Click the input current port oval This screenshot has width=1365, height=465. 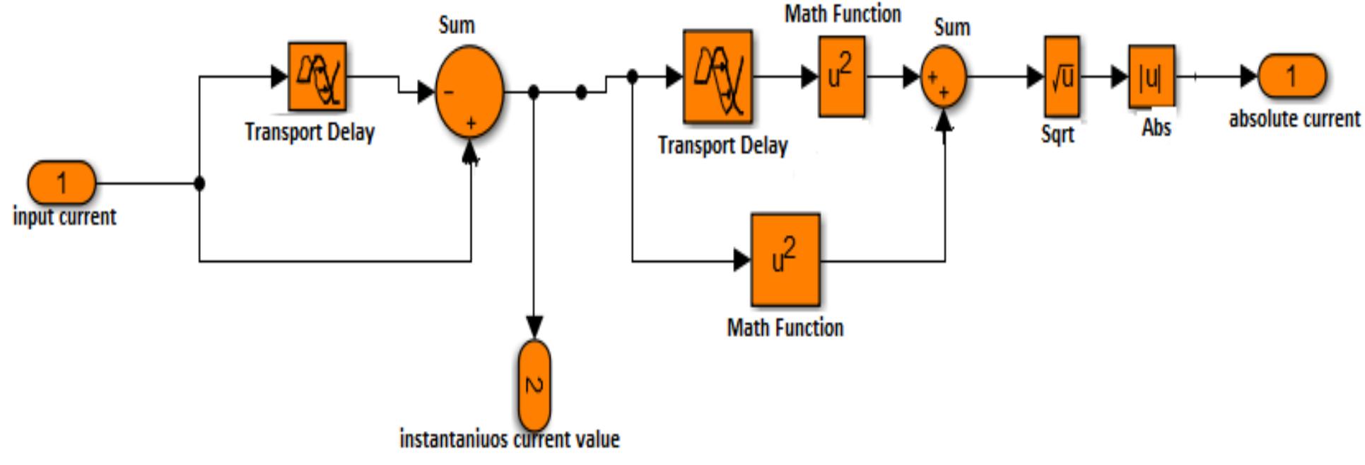pos(61,183)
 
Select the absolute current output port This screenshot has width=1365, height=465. pos(1291,76)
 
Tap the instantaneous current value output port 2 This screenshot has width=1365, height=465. pos(534,385)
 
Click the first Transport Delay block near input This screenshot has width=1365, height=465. pos(317,76)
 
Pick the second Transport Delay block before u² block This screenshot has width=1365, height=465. pos(717,76)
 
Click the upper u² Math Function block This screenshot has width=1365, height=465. pos(841,76)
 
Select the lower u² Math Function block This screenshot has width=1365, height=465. pos(785,260)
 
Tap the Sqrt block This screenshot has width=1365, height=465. pos(1061,76)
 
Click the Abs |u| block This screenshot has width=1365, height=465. pos(1151,76)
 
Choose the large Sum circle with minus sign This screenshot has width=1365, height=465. pos(469,92)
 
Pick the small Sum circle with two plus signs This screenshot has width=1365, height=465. pos(944,77)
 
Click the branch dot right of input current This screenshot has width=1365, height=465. pos(199,183)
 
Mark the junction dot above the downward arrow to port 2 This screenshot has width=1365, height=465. pos(534,92)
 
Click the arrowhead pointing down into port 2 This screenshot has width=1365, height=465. pos(534,328)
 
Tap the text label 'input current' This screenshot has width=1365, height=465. pos(64,216)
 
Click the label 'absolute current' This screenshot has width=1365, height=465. pos(1294,119)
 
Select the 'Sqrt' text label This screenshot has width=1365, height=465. pos(1058,134)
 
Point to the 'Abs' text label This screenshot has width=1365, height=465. pos(1156,128)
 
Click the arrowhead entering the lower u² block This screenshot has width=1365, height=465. pos(742,260)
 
